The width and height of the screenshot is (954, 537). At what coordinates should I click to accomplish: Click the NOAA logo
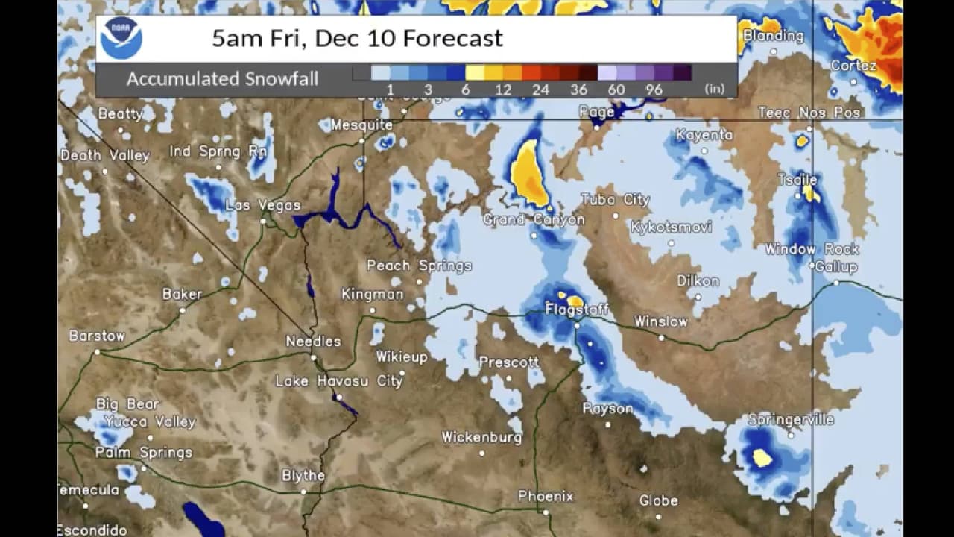(x=121, y=38)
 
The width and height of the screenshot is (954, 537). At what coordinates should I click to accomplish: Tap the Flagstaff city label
(x=576, y=309)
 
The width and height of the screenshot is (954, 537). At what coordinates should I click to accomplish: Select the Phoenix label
(x=546, y=496)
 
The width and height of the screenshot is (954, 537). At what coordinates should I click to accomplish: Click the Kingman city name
(x=372, y=294)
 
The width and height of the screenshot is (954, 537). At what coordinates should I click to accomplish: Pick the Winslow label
(x=660, y=321)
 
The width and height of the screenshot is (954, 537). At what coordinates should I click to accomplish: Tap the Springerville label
(x=790, y=419)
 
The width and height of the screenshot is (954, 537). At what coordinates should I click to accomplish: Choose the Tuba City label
(x=615, y=200)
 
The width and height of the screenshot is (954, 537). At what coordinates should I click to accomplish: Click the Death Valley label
(x=104, y=156)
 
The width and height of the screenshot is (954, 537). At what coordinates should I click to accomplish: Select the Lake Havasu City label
(x=339, y=381)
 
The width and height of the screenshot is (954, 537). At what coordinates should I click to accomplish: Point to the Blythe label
(x=303, y=475)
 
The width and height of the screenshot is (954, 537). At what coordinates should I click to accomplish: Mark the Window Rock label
(x=812, y=249)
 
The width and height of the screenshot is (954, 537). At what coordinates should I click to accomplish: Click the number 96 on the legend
(x=654, y=89)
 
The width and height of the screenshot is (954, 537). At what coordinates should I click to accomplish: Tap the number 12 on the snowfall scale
(x=502, y=89)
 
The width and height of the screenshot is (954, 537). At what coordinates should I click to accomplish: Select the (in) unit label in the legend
(x=714, y=89)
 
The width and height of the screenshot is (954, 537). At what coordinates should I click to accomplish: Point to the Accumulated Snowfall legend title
(x=222, y=79)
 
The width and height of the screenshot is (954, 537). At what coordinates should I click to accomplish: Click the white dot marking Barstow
(x=97, y=351)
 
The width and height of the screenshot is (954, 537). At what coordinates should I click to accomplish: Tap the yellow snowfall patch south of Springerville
(x=761, y=457)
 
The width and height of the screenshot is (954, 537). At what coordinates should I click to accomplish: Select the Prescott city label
(x=508, y=362)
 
